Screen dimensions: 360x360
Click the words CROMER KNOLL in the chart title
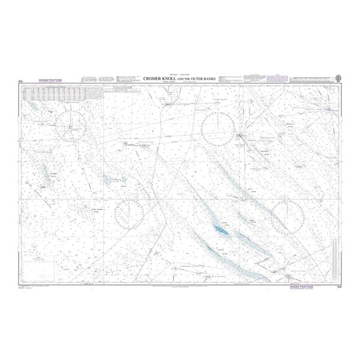tap(164, 79)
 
